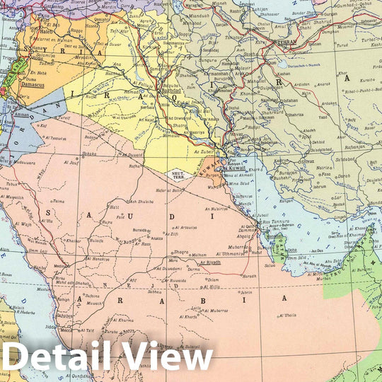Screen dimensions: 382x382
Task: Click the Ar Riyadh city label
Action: click(210, 262)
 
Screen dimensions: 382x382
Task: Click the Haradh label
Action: click(249, 276)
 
